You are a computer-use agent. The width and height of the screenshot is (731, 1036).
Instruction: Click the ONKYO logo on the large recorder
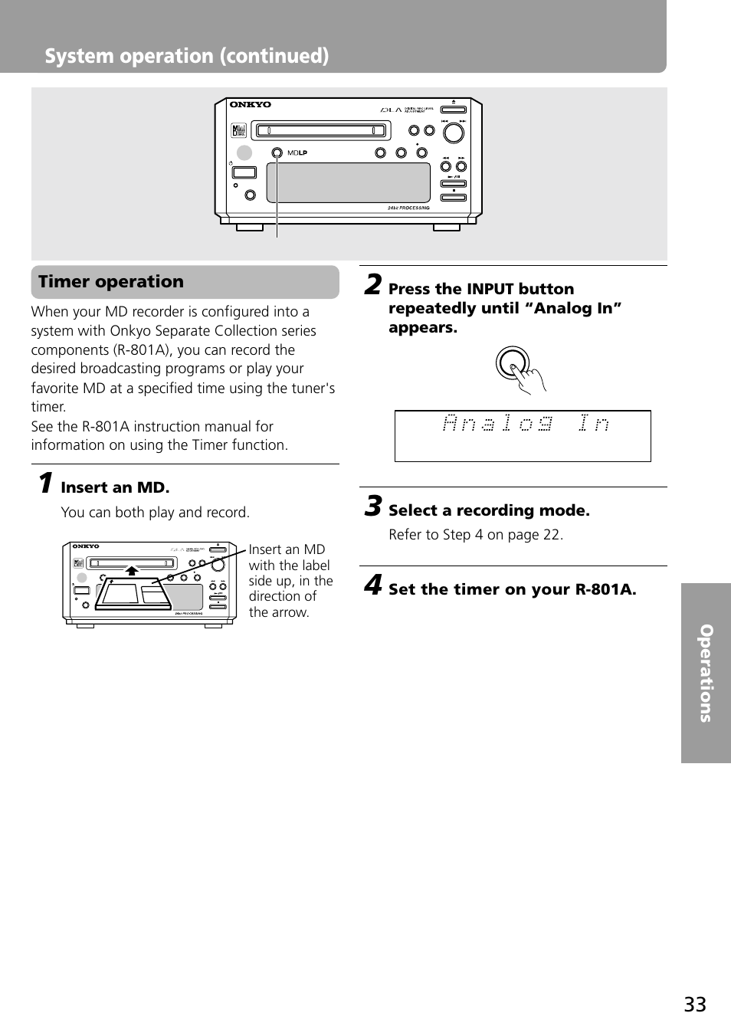point(251,105)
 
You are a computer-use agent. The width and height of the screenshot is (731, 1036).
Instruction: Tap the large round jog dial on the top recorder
point(454,133)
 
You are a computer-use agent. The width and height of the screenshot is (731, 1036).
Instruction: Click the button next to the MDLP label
point(277,153)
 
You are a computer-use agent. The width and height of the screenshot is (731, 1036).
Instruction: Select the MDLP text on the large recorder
point(297,153)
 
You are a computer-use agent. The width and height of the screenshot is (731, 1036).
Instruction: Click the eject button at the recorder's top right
point(453,109)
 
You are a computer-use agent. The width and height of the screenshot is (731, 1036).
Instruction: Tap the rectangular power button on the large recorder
point(244,174)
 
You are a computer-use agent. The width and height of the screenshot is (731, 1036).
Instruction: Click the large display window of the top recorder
point(348,182)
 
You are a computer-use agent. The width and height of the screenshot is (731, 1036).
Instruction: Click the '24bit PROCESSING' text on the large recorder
point(408,208)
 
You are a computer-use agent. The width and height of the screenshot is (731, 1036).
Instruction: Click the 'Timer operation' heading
point(111,282)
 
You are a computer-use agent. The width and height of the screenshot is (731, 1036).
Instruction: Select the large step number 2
point(372,284)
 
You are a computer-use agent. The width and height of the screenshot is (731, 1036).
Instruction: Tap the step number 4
point(372,585)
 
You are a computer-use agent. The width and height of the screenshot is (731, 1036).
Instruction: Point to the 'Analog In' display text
point(526,423)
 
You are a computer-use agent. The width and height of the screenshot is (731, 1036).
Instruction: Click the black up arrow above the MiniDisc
point(132,570)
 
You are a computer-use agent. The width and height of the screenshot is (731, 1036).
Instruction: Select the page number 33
point(695,1005)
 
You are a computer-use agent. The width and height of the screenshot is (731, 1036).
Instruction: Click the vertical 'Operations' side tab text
point(706,673)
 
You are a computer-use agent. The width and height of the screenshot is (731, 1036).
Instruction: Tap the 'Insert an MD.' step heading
point(115,487)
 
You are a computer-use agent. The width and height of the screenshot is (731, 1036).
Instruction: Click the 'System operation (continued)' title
point(187,56)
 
